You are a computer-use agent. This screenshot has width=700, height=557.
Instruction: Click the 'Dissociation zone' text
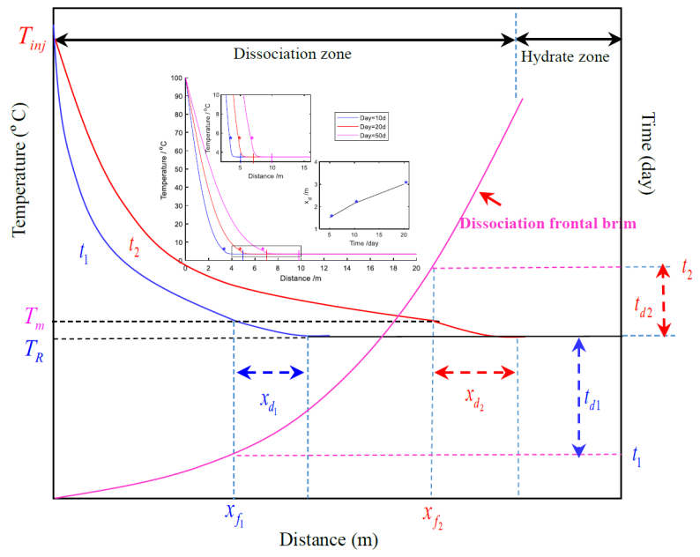(292, 54)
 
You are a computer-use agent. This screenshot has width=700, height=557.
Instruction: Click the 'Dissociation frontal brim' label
(547, 223)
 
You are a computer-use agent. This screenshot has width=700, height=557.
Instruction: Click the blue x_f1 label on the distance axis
(234, 515)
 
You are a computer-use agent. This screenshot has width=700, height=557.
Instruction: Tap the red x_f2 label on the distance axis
(432, 515)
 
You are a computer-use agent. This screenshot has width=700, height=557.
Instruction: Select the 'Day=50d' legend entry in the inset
(362, 137)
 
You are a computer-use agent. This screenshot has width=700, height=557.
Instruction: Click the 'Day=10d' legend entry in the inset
(362, 115)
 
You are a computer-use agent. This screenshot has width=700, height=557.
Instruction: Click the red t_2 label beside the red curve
(134, 245)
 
